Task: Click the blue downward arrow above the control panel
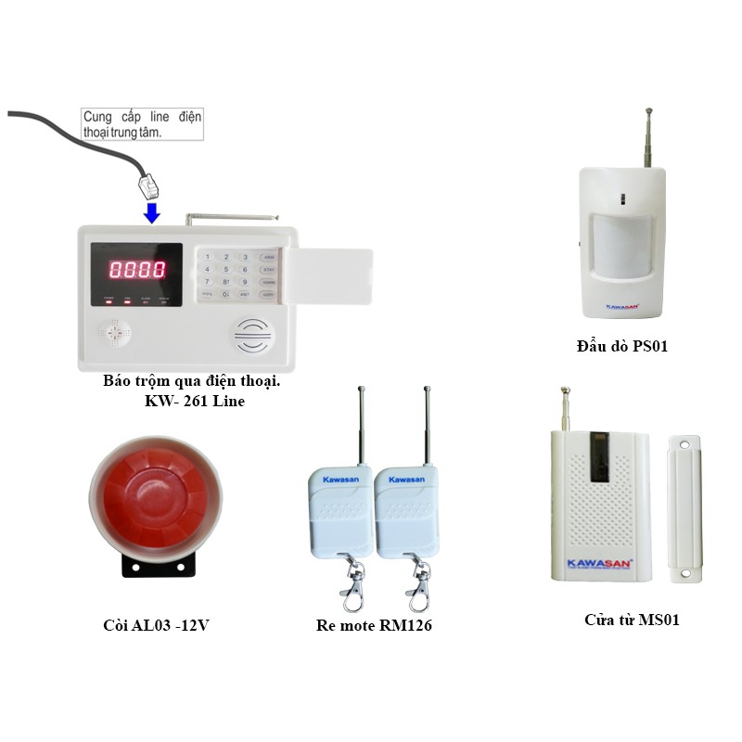[151, 212]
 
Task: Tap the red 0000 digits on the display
[137, 270]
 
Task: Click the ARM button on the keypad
[268, 256]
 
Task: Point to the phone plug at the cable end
[148, 185]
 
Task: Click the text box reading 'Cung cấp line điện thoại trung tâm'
[142, 124]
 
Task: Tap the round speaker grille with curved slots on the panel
[252, 336]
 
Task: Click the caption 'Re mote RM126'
[374, 625]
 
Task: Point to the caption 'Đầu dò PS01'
[621, 347]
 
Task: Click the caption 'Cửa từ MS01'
[632, 620]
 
